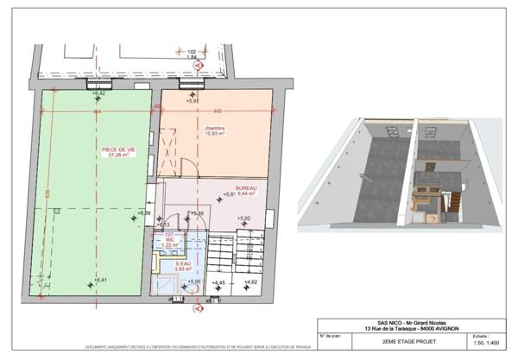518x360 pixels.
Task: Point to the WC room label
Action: [170, 240]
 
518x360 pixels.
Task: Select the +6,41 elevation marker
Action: [100, 280]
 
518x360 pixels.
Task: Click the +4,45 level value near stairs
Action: [218, 282]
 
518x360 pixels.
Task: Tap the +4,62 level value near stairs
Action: [250, 282]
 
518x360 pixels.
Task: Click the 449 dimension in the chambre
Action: [218, 110]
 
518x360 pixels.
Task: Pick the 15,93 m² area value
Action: [214, 134]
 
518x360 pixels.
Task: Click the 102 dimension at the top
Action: [193, 51]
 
